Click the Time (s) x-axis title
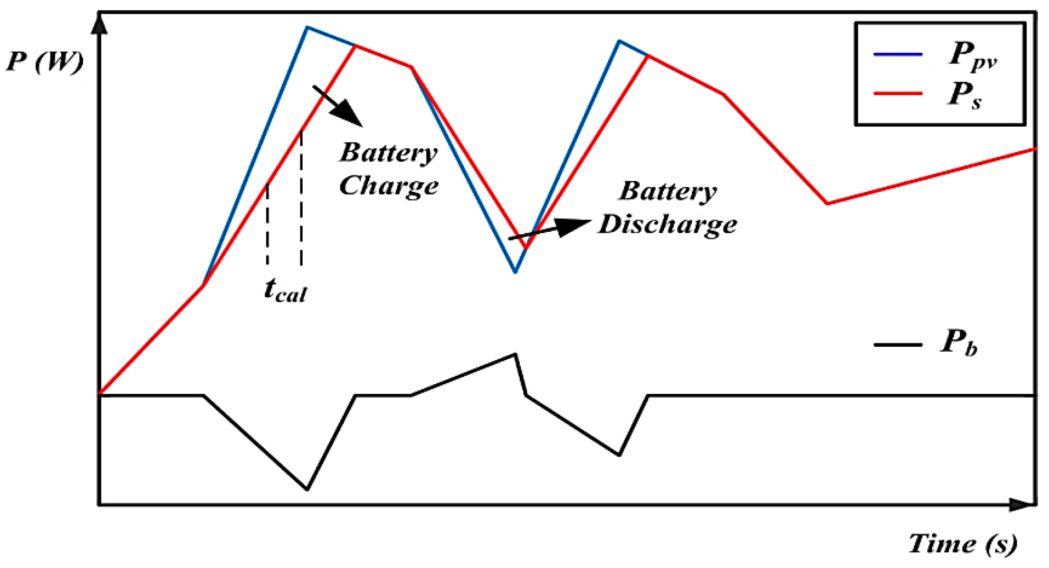[962, 544]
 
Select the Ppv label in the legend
[973, 56]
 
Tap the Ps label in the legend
[964, 95]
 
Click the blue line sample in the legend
[898, 54]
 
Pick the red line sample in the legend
[898, 93]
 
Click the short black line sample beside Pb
[898, 345]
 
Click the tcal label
[285, 291]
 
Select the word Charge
[389, 186]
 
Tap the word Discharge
[668, 224]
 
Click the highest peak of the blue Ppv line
[307, 28]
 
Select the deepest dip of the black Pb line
[307, 489]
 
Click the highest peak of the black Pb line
[515, 354]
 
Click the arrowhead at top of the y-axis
[99, 24]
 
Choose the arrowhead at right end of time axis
[1022, 504]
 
